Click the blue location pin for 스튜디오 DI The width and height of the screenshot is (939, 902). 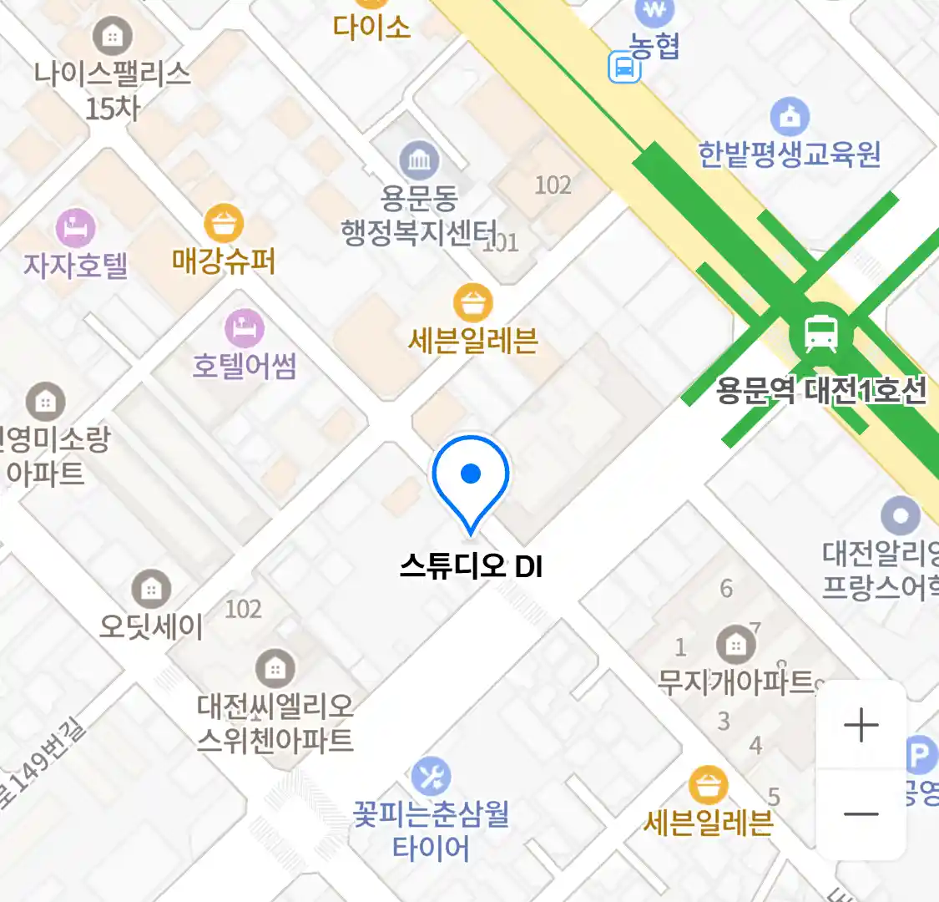[x=471, y=476]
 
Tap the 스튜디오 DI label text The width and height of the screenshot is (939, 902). [x=471, y=566]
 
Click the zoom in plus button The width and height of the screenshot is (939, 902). [x=861, y=725]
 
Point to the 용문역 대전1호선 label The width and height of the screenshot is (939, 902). [x=821, y=390]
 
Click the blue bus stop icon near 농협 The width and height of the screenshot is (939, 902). [x=623, y=67]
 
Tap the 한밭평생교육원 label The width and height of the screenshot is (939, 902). [x=789, y=154]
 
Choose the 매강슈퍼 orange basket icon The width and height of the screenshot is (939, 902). [x=224, y=223]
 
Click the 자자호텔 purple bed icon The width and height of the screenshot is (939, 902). [x=75, y=228]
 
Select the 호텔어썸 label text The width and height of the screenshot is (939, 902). [x=245, y=366]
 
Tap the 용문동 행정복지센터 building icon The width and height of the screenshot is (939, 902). [x=419, y=160]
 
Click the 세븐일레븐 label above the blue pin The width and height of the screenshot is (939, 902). [x=473, y=341]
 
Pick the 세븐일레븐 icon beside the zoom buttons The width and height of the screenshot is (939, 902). [x=708, y=786]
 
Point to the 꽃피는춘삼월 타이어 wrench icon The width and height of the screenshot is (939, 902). [x=431, y=778]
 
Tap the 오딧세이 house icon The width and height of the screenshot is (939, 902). [x=151, y=589]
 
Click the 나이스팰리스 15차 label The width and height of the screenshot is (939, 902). [x=113, y=89]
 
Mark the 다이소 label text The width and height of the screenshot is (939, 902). [x=371, y=27]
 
